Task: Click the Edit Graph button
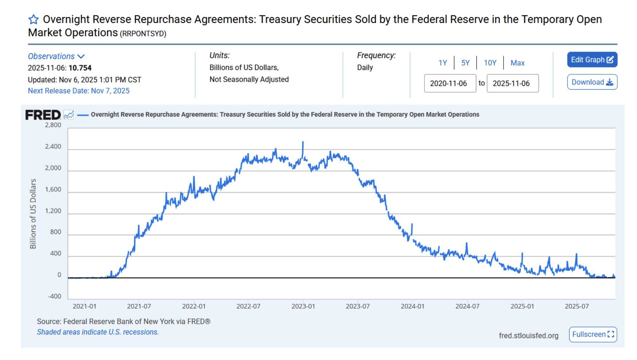[x=592, y=60]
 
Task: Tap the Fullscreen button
[x=593, y=334]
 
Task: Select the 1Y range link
[x=442, y=63]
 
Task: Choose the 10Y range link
[x=490, y=63]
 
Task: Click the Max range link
[x=517, y=63]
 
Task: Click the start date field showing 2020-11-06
[x=450, y=83]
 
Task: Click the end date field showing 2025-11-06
[x=512, y=83]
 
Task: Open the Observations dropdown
[x=56, y=56]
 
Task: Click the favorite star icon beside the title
[x=34, y=19]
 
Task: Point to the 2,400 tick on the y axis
[x=53, y=146]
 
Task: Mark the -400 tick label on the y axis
[x=55, y=296]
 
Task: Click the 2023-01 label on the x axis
[x=303, y=306]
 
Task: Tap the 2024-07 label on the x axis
[x=467, y=306]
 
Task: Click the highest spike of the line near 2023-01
[x=303, y=142]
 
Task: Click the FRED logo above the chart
[x=43, y=115]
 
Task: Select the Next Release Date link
[x=79, y=91]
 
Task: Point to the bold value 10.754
[x=80, y=68]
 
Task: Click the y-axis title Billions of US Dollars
[x=33, y=214]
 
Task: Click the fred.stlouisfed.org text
[x=528, y=336]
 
